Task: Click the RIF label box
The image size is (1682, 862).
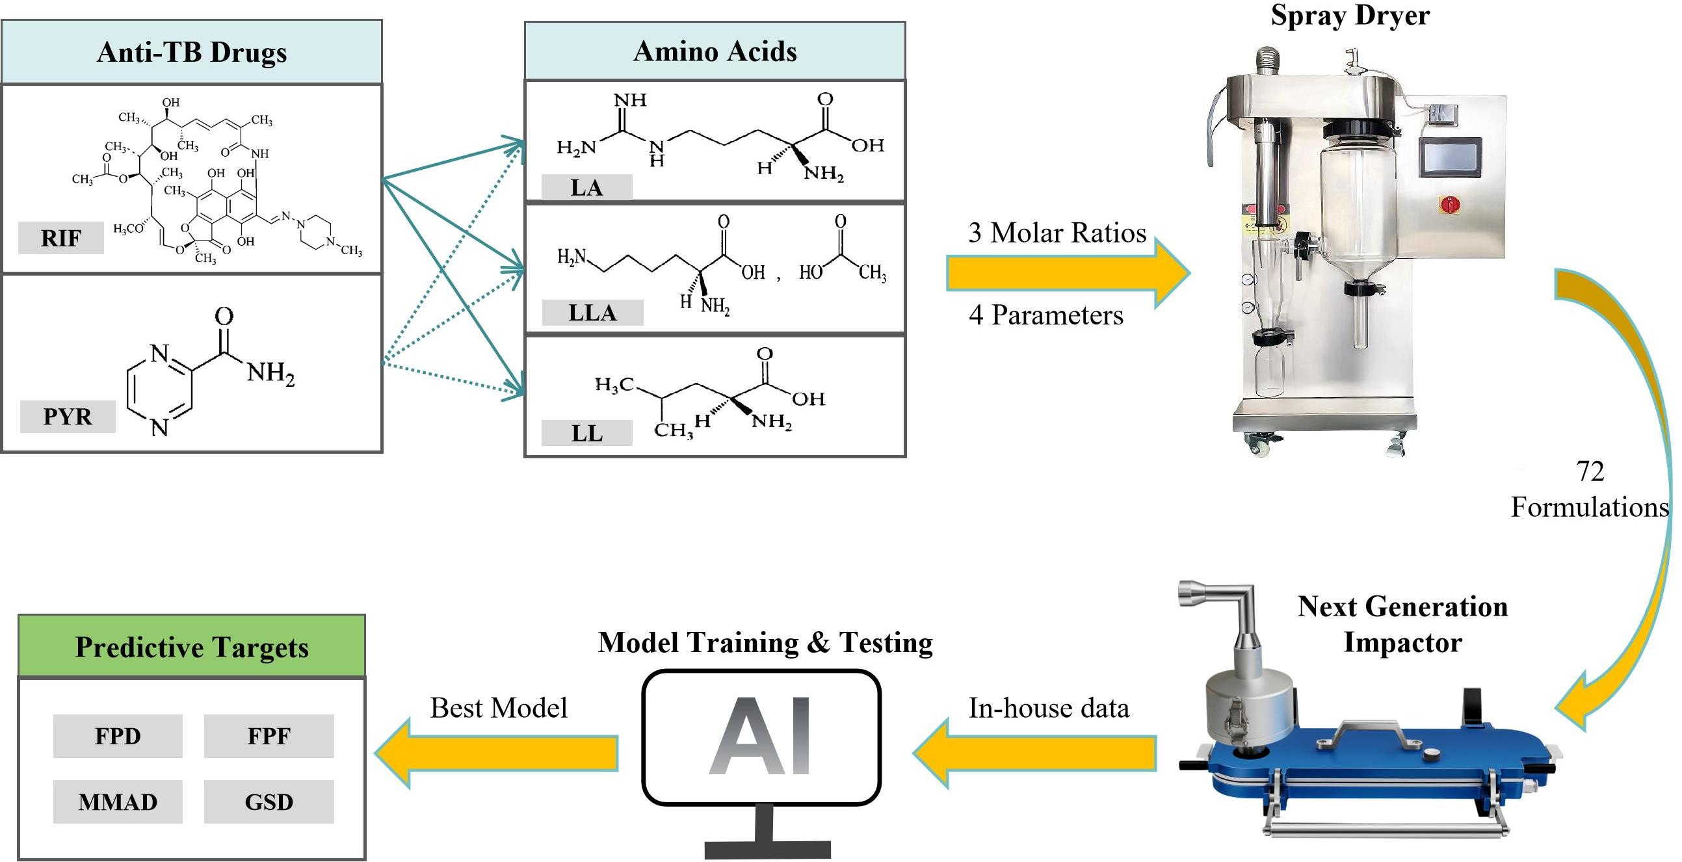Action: coord(60,238)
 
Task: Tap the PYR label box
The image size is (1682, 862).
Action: coord(67,416)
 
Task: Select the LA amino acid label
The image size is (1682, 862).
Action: coord(586,187)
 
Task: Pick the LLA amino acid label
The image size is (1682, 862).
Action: coord(592,312)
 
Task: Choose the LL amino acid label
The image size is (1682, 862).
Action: coord(586,433)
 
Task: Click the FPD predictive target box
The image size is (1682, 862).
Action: coord(118,736)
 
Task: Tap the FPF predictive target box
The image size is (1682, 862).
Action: coord(269,736)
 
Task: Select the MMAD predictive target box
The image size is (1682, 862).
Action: coord(118,802)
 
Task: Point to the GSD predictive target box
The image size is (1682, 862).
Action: coord(269,802)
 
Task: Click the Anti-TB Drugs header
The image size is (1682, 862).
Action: coord(191,52)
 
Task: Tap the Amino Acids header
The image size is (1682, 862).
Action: coord(715,51)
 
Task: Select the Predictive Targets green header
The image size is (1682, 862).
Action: coord(191,646)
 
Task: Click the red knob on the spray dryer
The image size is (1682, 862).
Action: coord(1450,204)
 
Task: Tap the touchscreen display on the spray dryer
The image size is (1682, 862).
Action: coord(1450,157)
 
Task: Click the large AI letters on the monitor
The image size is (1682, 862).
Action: coord(761,736)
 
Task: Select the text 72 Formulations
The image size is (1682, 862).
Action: coord(1589,489)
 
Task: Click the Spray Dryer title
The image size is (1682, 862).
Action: coord(1350,15)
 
